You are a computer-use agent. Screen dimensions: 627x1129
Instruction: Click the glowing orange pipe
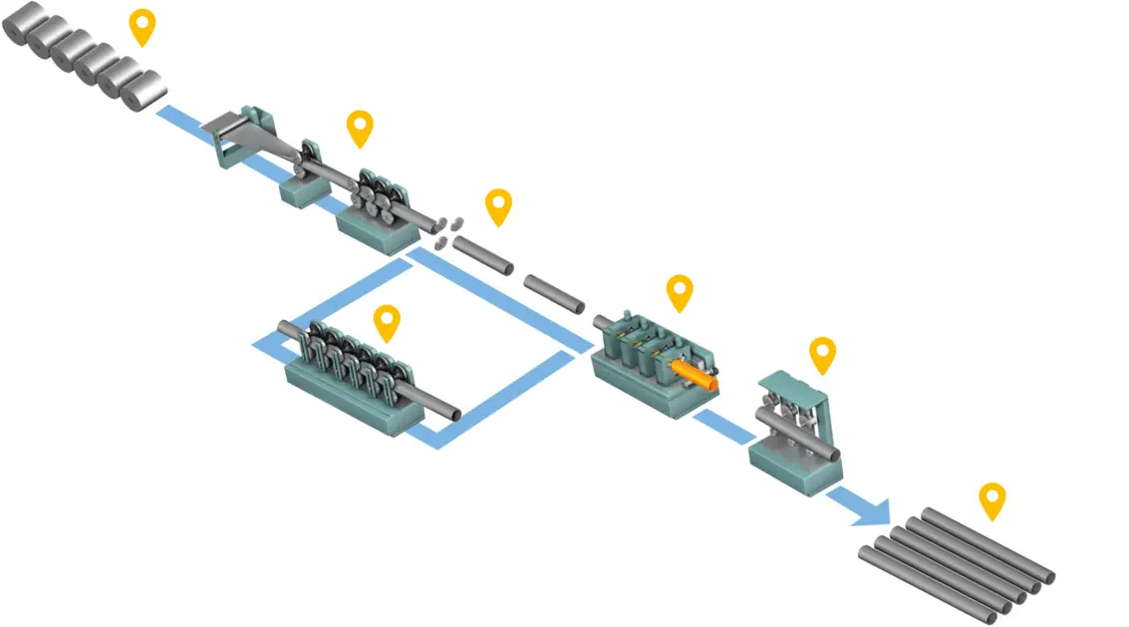pyautogui.click(x=694, y=375)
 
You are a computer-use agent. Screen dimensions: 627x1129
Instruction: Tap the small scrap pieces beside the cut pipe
pyautogui.click(x=445, y=231)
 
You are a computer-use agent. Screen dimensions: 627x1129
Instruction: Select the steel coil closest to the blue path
pyautogui.click(x=145, y=90)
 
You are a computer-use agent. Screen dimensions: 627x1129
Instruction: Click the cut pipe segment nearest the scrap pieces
pyautogui.click(x=482, y=255)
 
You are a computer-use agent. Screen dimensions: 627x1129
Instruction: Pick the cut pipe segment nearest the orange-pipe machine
pyautogui.click(x=554, y=293)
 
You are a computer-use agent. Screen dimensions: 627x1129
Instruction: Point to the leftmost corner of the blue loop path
pyautogui.click(x=261, y=344)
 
